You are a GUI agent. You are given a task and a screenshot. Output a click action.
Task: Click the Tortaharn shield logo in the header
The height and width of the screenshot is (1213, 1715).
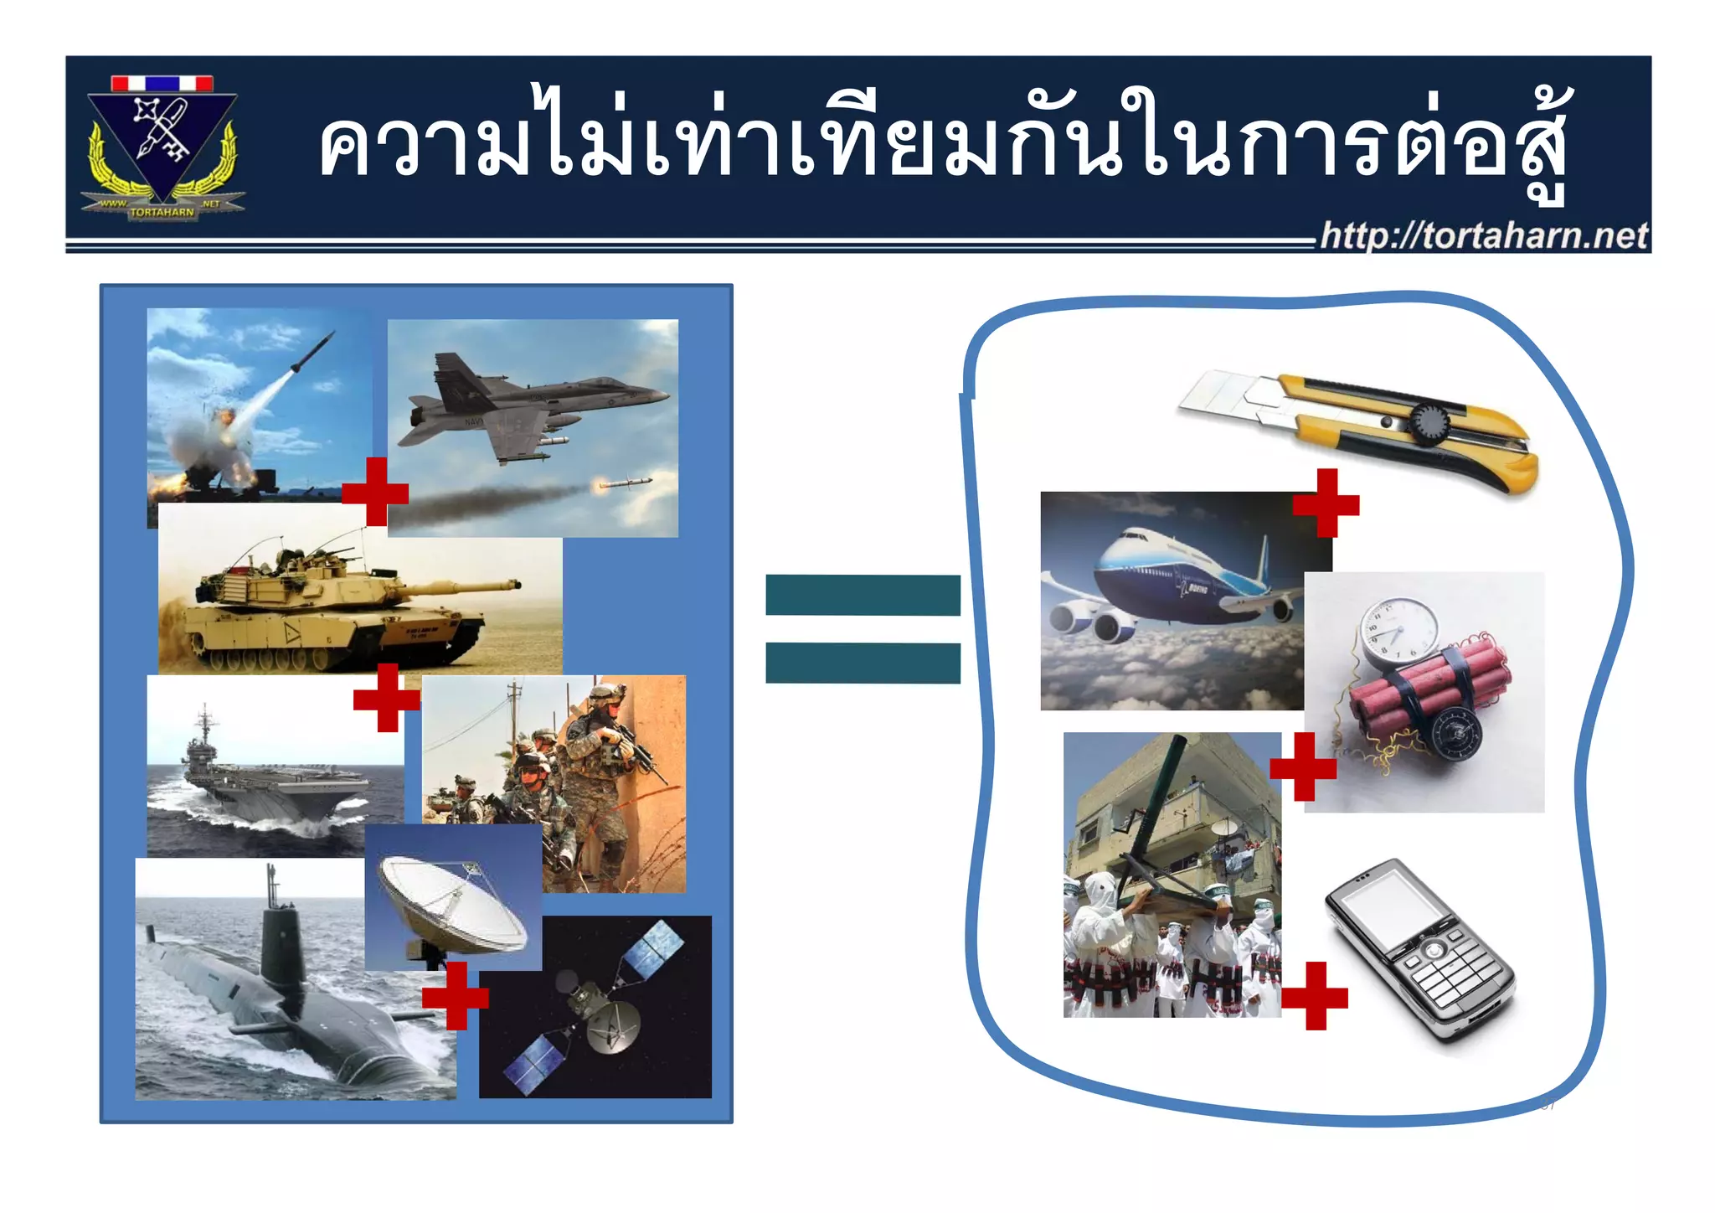coord(162,147)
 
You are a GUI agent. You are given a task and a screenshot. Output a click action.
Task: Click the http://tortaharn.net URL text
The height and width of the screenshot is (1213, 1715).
coord(1483,235)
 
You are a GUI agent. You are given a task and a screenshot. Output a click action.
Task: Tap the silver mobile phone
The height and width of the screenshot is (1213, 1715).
coord(1419,951)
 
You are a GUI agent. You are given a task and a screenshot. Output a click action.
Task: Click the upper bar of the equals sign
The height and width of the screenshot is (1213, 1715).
coord(863,595)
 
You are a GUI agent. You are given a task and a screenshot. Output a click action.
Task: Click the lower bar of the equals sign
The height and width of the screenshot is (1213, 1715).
coord(863,663)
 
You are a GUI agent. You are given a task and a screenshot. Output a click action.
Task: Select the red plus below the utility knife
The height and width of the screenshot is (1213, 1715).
coord(1326,503)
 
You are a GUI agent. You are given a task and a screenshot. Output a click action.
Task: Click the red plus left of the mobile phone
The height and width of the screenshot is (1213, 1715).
coord(1315,995)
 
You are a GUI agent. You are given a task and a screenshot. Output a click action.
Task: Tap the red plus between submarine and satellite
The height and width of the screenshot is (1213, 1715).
coord(456,995)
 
